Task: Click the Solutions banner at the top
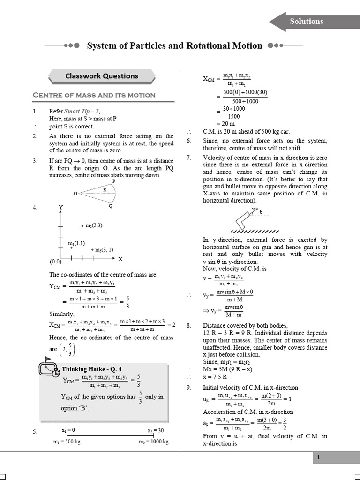[306, 22]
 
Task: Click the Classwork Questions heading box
[102, 76]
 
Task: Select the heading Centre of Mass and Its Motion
[94, 95]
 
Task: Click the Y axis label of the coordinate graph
[60, 207]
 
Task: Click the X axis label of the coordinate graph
[120, 259]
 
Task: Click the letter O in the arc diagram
[75, 193]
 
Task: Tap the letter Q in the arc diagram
[111, 205]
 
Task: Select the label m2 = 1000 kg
[153, 442]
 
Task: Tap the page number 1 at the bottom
[318, 458]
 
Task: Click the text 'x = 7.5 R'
[216, 377]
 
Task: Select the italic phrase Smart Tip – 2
[78, 112]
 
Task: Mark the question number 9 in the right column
[188, 388]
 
